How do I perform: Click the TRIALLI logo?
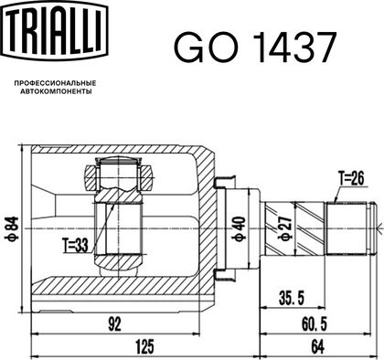pos(55,29)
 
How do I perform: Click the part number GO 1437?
pos(255,48)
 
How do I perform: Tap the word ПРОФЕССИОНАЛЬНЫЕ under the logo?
pos(56,83)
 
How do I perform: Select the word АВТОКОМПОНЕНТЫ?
pos(56,91)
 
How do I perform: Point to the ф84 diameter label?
pos(12,228)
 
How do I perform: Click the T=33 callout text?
pos(75,246)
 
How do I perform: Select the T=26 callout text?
pos(351,178)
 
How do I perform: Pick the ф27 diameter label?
pos(286,228)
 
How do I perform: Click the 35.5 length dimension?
pos(292,298)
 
